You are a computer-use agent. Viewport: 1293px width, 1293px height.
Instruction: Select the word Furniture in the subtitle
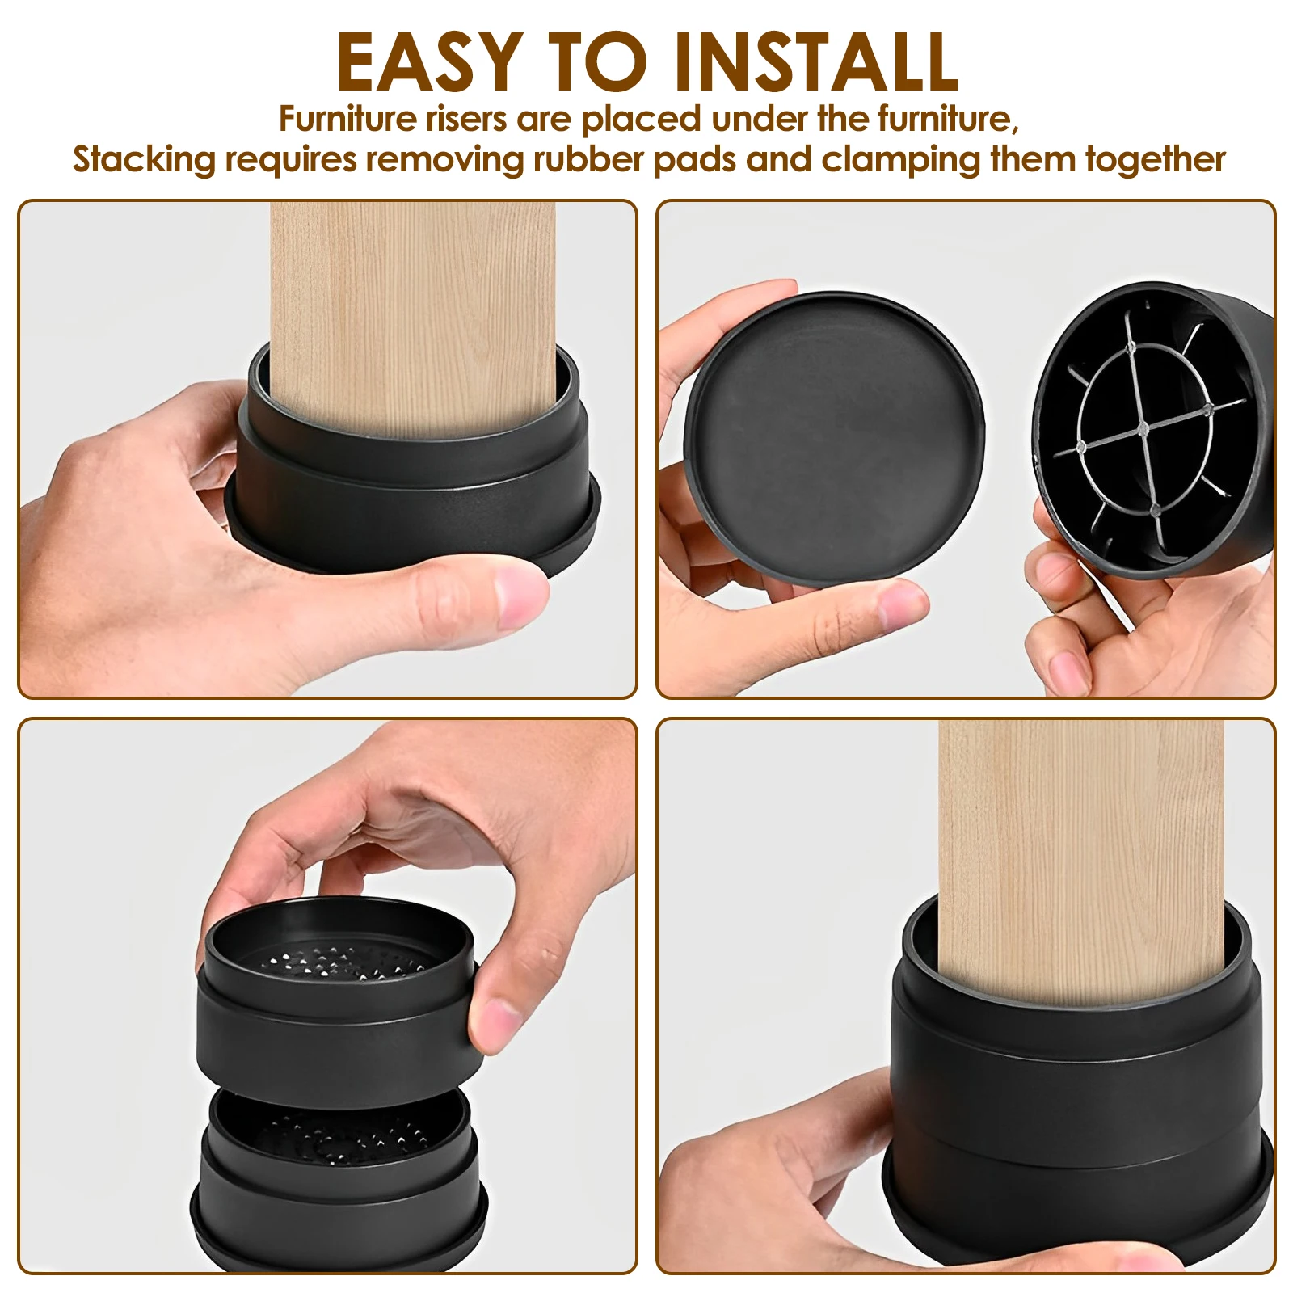point(347,119)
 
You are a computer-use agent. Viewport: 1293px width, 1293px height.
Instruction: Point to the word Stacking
point(145,160)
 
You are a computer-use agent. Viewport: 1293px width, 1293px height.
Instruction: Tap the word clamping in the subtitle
point(901,160)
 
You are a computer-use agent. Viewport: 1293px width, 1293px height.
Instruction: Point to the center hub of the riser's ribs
point(1143,428)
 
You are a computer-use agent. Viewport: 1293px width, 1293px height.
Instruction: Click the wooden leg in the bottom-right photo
point(1080,857)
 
